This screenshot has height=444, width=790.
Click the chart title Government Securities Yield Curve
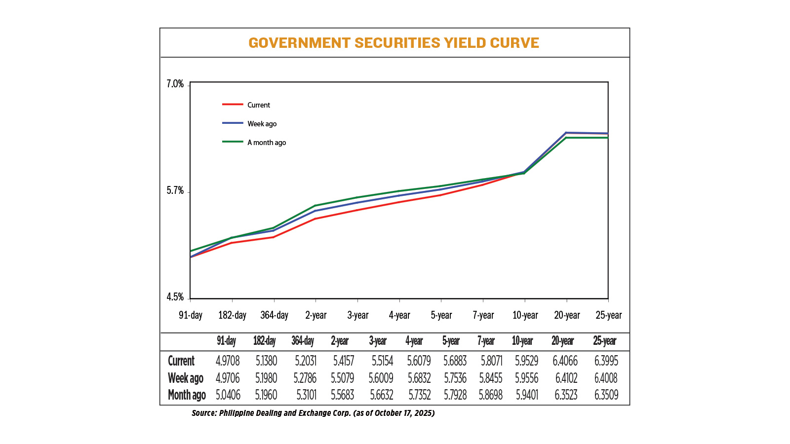[394, 43]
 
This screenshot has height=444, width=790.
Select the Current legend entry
[258, 105]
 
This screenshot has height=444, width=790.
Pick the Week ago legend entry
[262, 124]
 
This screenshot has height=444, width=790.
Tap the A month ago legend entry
[267, 143]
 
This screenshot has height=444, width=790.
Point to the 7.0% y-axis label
[175, 84]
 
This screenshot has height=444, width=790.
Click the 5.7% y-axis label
[175, 191]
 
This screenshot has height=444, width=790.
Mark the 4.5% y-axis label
[175, 297]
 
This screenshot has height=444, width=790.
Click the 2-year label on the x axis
[316, 315]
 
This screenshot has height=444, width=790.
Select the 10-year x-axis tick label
[525, 315]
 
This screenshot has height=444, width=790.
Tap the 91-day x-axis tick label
[191, 315]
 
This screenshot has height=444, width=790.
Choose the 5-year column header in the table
[451, 341]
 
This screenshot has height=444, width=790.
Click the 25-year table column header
[605, 341]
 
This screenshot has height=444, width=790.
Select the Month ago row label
[187, 395]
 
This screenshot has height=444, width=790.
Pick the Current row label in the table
[181, 361]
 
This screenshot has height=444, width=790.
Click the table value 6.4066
[565, 361]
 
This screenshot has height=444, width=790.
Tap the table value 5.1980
[266, 378]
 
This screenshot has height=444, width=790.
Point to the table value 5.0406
[228, 395]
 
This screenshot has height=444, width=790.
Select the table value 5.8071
[491, 361]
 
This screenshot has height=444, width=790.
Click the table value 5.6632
[381, 395]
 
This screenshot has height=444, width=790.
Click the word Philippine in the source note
[236, 413]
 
